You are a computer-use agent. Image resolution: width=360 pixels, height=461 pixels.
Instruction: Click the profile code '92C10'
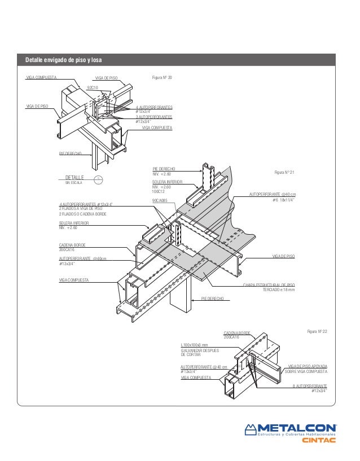(93, 88)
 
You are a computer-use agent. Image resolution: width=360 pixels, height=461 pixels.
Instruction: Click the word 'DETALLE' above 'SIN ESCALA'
(74, 177)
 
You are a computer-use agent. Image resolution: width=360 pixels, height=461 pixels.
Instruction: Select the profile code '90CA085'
(160, 200)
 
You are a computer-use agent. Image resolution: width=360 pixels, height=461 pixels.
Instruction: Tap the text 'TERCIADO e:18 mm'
(279, 290)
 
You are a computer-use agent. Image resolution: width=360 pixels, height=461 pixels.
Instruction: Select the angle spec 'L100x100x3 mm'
(195, 345)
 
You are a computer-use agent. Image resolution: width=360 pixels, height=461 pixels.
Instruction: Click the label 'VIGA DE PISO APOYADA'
(308, 367)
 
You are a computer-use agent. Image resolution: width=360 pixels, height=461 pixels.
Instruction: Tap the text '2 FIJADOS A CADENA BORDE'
(82, 214)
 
